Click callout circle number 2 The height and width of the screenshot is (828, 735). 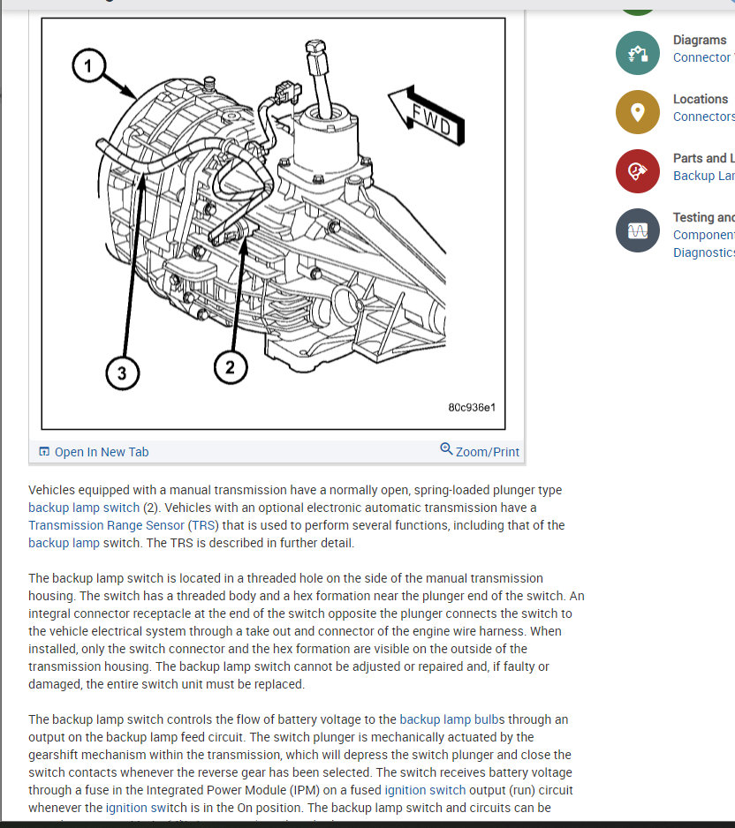230,367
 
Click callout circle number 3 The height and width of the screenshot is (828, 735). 122,373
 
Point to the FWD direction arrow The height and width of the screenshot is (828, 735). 425,116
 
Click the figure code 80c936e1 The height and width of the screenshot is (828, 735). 472,408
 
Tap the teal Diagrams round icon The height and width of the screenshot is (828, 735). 638,52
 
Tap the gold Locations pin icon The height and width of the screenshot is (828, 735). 638,112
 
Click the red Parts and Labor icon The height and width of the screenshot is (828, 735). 638,171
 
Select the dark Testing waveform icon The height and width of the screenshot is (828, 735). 638,230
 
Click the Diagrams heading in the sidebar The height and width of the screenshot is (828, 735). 699,40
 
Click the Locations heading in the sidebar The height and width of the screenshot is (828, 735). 700,99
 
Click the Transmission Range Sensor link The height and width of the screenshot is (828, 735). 106,525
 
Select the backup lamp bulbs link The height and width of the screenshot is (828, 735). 452,719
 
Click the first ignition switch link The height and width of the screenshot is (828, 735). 420,790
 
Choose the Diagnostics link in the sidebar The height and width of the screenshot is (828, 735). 703,252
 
